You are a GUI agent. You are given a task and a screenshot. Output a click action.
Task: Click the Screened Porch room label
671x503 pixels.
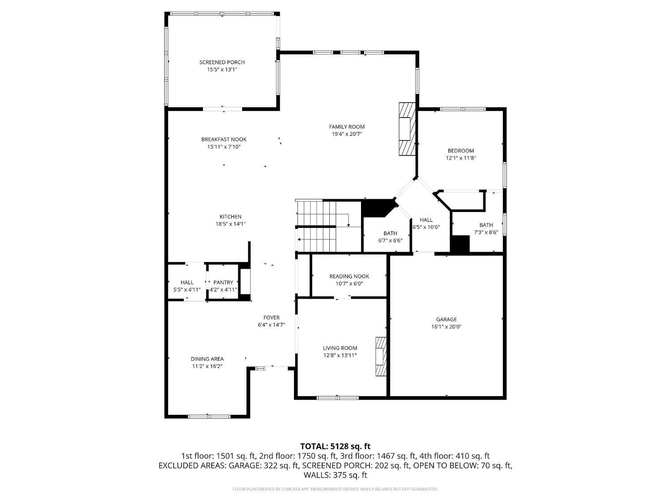(x=222, y=62)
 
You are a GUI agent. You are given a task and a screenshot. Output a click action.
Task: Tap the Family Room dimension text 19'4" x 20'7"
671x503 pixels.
(x=347, y=134)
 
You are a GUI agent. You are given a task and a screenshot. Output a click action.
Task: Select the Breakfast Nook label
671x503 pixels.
(x=224, y=139)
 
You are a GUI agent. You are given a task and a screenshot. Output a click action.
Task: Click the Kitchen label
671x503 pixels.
(x=230, y=217)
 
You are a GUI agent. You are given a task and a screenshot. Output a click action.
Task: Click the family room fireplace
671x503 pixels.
(x=407, y=129)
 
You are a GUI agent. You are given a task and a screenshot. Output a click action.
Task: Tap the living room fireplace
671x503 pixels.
(x=380, y=356)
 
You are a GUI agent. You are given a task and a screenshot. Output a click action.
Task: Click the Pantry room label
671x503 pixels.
(x=223, y=282)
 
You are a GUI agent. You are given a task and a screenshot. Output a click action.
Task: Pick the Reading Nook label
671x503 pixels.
(x=349, y=276)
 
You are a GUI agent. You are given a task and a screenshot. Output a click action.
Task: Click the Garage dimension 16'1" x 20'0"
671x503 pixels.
(x=446, y=326)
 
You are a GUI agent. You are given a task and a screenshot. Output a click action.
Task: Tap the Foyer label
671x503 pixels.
(x=271, y=318)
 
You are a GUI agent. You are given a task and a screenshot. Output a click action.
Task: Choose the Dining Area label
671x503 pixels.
(x=207, y=359)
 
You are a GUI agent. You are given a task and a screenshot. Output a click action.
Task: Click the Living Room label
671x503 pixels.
(x=340, y=348)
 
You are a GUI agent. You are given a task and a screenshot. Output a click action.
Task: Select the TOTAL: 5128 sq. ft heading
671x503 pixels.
(x=335, y=446)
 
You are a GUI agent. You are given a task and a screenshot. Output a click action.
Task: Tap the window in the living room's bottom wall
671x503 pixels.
(x=337, y=397)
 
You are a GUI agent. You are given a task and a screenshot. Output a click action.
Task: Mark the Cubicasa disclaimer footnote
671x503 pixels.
(x=335, y=489)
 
